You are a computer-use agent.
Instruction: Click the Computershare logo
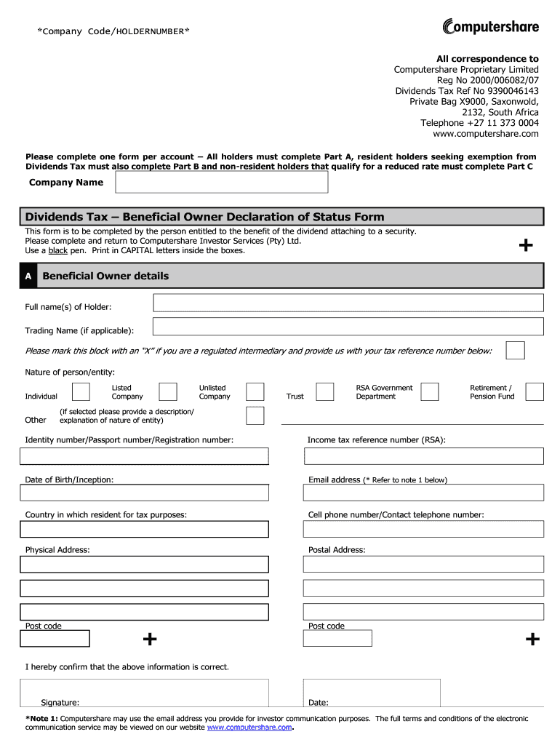(491, 28)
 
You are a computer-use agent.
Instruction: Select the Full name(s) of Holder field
(348, 303)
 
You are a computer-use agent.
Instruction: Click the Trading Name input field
(348, 327)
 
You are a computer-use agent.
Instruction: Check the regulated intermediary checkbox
(515, 350)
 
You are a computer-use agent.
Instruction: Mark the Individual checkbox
(81, 392)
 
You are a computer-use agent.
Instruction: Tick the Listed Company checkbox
(168, 392)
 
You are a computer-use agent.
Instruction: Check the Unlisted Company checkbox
(255, 392)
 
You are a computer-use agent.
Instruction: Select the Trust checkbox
(324, 392)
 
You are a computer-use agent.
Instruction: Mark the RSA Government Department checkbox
(430, 392)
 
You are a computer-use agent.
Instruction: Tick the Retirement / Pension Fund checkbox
(535, 392)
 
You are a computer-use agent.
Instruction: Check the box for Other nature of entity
(255, 415)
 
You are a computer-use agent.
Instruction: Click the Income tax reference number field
(423, 456)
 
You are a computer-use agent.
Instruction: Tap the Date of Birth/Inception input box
(144, 493)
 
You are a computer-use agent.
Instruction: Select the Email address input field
(423, 493)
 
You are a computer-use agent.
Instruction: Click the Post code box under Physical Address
(55, 639)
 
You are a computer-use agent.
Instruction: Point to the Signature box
(144, 693)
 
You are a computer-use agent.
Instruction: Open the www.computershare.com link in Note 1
(249, 728)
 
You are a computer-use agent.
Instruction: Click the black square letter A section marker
(28, 276)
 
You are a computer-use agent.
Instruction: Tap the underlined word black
(57, 250)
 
